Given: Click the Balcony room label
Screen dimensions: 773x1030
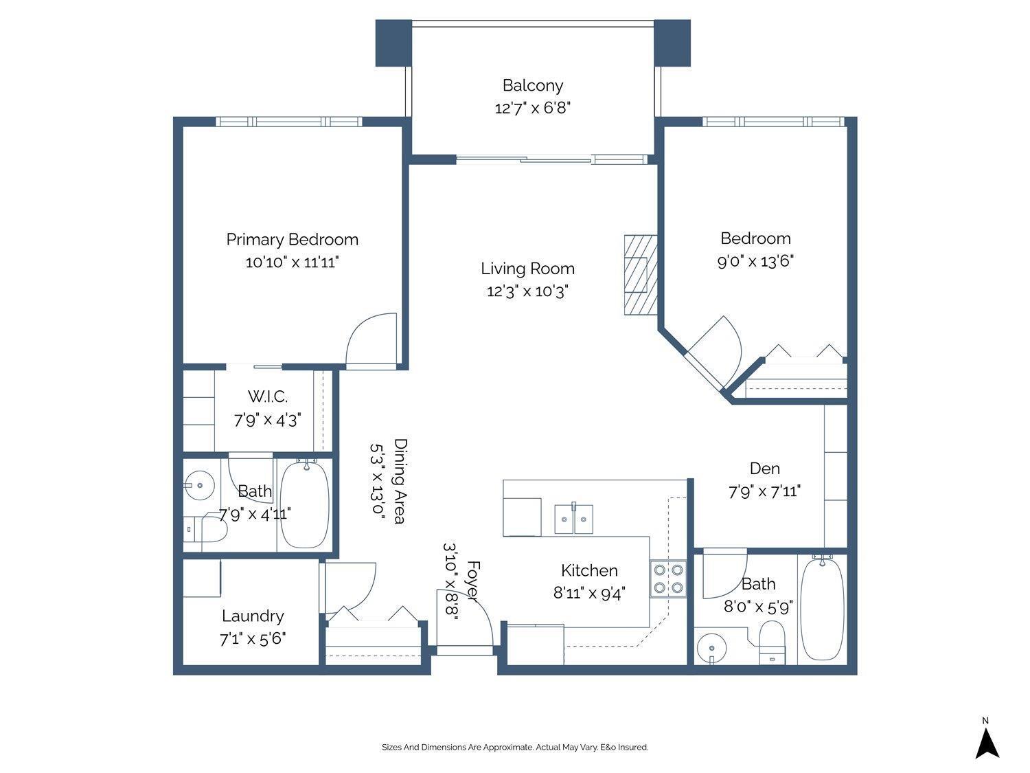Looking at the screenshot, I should tap(532, 85).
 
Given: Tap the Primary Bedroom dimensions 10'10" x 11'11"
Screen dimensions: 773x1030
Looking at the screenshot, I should tap(292, 262).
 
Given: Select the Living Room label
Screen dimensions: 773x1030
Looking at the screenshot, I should tap(527, 269).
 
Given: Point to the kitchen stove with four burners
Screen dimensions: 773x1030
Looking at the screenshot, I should tap(668, 578).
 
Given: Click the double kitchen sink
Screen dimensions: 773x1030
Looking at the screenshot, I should tap(574, 518).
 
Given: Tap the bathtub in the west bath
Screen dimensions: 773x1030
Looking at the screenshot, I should tap(305, 505).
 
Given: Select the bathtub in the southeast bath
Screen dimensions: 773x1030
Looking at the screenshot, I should tap(822, 608).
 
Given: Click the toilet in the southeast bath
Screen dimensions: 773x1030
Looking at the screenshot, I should tap(772, 643).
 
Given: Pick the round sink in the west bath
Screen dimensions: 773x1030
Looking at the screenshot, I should tap(200, 485).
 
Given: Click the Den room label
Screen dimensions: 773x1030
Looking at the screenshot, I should tap(764, 469).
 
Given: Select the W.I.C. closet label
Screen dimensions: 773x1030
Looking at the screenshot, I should tap(267, 396).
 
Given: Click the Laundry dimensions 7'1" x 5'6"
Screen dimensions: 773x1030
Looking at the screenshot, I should tap(252, 639).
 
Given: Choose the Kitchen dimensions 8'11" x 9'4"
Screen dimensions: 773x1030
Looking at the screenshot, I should tap(589, 592).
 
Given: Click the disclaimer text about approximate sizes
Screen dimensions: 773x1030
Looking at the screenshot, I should tap(514, 747).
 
